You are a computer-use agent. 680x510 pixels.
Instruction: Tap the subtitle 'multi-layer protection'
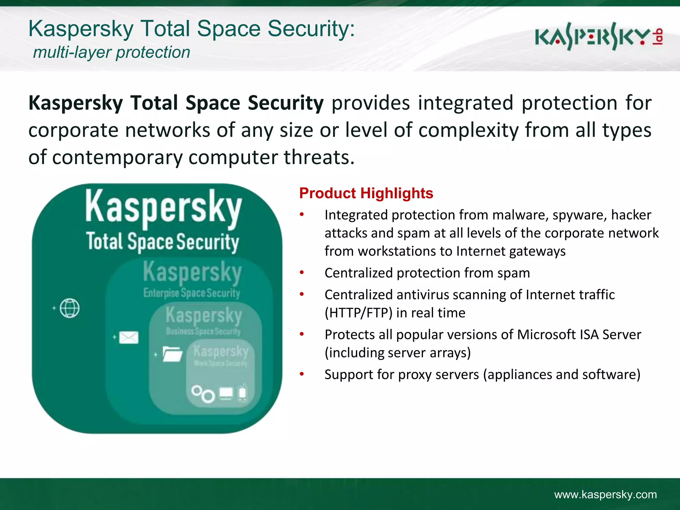pos(112,52)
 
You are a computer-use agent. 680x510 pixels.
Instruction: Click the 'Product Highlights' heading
pos(366,193)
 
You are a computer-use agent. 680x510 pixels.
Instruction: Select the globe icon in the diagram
pos(70,308)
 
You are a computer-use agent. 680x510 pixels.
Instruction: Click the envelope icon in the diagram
pos(128,338)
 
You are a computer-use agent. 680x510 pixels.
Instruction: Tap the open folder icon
pos(173,354)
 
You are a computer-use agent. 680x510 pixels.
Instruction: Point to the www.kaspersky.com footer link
pos(605,494)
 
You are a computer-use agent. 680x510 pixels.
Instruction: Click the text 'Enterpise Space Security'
pos(192,293)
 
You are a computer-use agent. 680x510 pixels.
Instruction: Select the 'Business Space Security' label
pos(203,331)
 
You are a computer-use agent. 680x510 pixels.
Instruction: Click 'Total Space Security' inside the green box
pos(162,242)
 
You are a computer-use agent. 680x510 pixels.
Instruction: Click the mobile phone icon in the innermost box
pos(243,393)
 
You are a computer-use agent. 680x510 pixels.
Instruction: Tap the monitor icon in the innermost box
pos(226,393)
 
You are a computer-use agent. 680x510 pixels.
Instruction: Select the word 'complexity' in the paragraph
pos(468,130)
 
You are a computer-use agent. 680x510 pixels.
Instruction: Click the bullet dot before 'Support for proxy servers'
pos(302,374)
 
